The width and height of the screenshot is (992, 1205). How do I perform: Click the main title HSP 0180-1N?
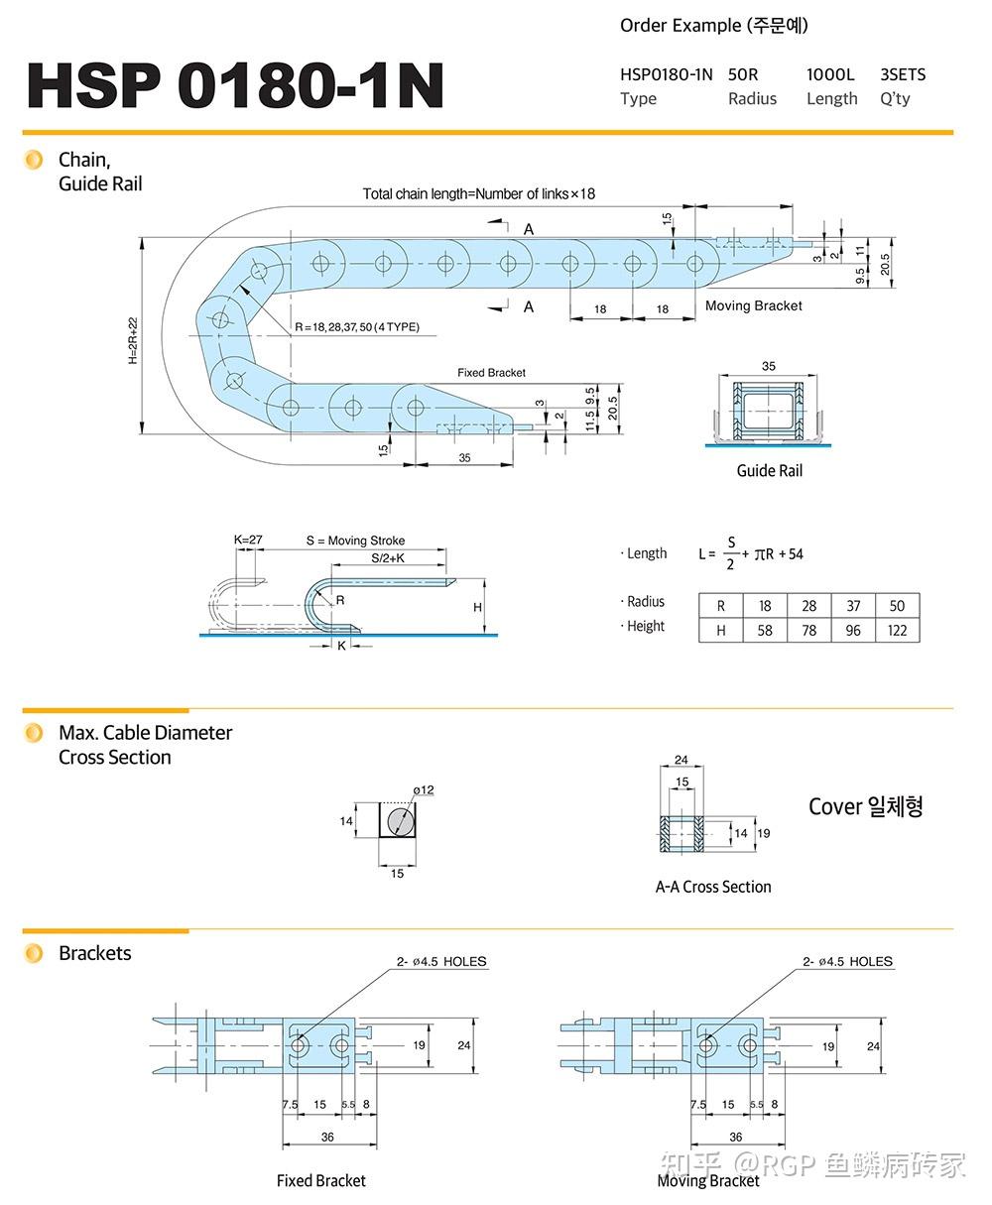tap(235, 85)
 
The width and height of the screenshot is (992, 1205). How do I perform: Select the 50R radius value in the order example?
tap(743, 74)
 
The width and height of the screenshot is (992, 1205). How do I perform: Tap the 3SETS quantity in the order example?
tap(903, 74)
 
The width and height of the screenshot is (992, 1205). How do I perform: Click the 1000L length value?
tap(830, 74)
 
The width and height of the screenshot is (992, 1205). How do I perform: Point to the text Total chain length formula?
tap(478, 193)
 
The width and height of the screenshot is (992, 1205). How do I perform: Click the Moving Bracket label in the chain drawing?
tap(753, 305)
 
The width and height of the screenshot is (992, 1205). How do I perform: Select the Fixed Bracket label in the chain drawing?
tap(491, 372)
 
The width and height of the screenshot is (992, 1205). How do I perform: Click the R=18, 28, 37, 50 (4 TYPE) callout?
tap(356, 327)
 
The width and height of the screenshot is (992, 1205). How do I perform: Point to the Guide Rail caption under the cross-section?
tap(769, 470)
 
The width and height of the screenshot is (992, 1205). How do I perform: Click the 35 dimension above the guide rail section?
tap(769, 366)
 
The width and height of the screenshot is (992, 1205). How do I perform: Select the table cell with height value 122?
tap(897, 630)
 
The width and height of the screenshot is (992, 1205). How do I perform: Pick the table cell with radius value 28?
tap(808, 605)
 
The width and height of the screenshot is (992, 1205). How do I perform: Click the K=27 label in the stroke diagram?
tap(248, 540)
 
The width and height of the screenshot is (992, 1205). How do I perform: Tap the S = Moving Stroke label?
tap(355, 541)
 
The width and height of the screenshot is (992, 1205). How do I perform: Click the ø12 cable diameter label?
tap(424, 789)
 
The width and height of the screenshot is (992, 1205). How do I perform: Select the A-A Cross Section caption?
tap(712, 887)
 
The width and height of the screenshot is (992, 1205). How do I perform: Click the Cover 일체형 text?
tap(865, 806)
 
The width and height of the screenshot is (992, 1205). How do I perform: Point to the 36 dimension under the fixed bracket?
tap(327, 1137)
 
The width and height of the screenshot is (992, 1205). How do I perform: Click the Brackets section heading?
tap(94, 953)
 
